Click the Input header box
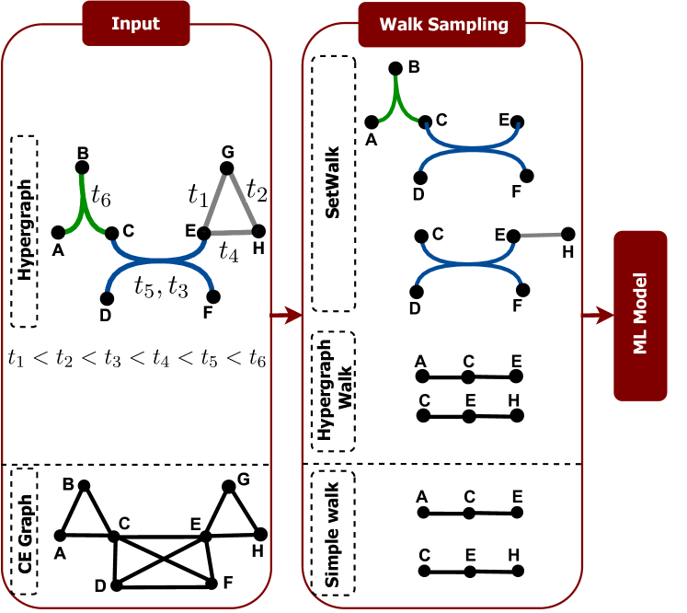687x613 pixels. click(x=135, y=23)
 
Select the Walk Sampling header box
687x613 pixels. click(x=442, y=24)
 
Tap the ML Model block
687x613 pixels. click(x=640, y=315)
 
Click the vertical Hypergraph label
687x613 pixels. click(x=25, y=231)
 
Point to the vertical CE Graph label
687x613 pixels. click(x=25, y=534)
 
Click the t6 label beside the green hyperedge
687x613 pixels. click(x=101, y=195)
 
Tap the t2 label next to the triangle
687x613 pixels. click(x=257, y=191)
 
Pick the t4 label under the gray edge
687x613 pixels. click(x=228, y=251)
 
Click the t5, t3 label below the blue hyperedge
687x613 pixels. click(x=161, y=287)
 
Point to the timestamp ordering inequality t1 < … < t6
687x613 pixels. click(x=136, y=358)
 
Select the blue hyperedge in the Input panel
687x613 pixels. click(x=162, y=264)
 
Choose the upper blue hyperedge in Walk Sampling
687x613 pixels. click(x=473, y=147)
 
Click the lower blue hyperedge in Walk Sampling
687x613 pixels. click(x=470, y=264)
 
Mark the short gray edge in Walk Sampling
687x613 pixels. click(x=541, y=236)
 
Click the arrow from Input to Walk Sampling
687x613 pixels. click(x=287, y=315)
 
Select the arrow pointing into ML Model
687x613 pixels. click(x=598, y=315)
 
